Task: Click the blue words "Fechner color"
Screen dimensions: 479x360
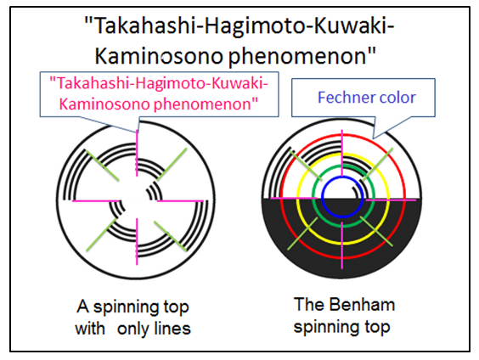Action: click(x=367, y=98)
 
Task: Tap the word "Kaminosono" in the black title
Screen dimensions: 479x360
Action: click(x=159, y=56)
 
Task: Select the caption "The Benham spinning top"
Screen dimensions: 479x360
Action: click(x=344, y=315)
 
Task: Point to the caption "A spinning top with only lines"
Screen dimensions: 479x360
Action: click(x=132, y=318)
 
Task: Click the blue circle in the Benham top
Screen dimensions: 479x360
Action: click(x=342, y=197)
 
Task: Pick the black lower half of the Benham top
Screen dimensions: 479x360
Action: click(x=342, y=239)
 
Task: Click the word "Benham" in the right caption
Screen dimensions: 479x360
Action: click(x=363, y=305)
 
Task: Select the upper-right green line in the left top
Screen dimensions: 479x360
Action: click(x=172, y=164)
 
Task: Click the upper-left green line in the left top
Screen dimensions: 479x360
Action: click(x=102, y=166)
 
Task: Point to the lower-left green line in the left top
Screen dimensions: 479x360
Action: click(x=101, y=234)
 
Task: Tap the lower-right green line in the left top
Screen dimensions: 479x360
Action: click(x=171, y=236)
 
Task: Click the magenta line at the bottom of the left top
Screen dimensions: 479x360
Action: click(x=137, y=241)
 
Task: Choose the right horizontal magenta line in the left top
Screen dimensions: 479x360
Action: click(x=180, y=201)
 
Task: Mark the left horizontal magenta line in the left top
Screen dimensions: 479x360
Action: click(x=95, y=200)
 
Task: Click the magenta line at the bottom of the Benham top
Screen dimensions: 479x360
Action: click(x=341, y=245)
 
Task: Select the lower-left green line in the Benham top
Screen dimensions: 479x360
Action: click(x=302, y=233)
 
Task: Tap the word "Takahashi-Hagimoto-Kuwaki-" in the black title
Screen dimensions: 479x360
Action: click(x=239, y=26)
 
